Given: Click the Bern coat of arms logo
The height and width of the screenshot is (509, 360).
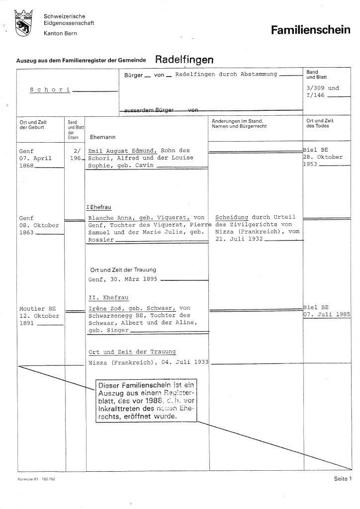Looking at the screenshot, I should [23, 23].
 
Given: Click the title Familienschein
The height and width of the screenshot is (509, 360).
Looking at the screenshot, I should [310, 31].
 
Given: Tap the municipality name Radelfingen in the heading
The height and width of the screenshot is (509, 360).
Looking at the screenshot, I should [184, 60].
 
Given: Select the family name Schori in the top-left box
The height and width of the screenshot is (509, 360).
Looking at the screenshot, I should [50, 90].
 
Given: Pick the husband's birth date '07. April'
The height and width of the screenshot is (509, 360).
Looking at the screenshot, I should [35, 159].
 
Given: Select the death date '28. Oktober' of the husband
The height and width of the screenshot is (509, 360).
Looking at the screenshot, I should [323, 157].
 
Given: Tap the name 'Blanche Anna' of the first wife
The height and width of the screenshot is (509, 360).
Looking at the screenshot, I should [107, 218].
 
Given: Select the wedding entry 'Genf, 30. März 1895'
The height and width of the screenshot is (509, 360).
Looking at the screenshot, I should [123, 279].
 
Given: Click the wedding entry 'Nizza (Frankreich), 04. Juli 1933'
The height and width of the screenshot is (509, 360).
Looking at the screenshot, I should [148, 362].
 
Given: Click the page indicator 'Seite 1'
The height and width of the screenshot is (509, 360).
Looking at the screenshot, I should [343, 479].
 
